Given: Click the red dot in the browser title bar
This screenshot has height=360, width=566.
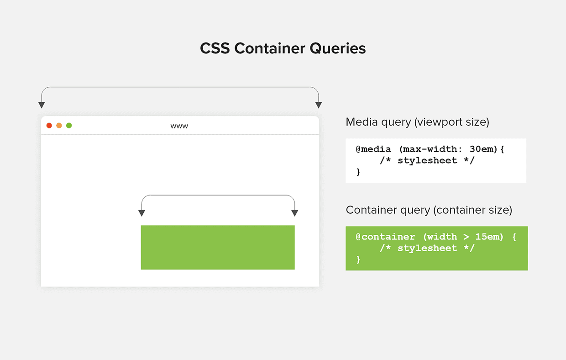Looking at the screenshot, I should tap(49, 126).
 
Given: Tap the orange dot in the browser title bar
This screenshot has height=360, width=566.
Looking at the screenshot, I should tap(59, 126).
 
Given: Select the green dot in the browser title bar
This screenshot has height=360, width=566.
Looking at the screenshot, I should tap(69, 126).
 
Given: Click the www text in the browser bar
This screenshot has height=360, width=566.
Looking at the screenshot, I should tap(179, 126).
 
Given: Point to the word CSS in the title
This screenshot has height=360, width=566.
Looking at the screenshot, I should tap(215, 48).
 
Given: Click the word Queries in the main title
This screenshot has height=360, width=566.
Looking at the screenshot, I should tap(338, 48).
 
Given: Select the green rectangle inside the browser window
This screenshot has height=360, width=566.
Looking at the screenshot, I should tap(218, 247).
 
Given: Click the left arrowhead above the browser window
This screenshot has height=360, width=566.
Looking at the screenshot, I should tap(42, 105).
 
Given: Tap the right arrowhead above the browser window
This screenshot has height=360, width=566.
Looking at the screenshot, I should tap(319, 105).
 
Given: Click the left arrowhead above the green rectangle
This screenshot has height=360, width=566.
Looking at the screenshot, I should tap(141, 213).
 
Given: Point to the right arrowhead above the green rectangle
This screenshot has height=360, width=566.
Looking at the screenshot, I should tap(295, 213).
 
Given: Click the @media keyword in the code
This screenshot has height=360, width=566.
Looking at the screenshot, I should tap(373, 149).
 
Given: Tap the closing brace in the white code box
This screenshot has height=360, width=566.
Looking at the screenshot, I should tap(358, 172).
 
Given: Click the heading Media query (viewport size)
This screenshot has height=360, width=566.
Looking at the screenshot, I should tap(417, 122).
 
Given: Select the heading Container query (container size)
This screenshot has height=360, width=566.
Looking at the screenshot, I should tap(429, 210).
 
